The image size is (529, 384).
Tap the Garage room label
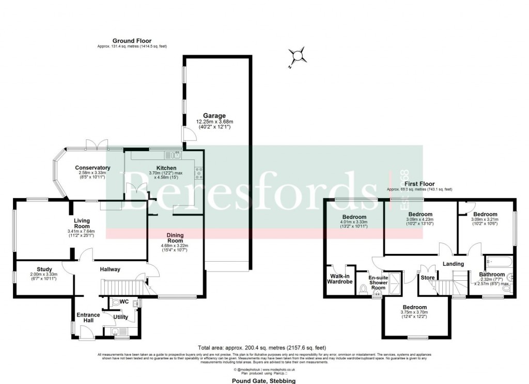214,116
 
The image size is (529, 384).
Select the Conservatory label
92,168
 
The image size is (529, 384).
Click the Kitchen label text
166,168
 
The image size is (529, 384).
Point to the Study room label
44,269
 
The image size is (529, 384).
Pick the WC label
124,301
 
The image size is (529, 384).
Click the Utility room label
121,317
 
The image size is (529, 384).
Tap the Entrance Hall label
89,317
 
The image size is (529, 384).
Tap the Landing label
453,264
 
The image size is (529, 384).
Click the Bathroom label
491,275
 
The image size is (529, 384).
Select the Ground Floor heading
132,40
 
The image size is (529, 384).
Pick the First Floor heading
419,184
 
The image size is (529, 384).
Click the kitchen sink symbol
172,154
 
